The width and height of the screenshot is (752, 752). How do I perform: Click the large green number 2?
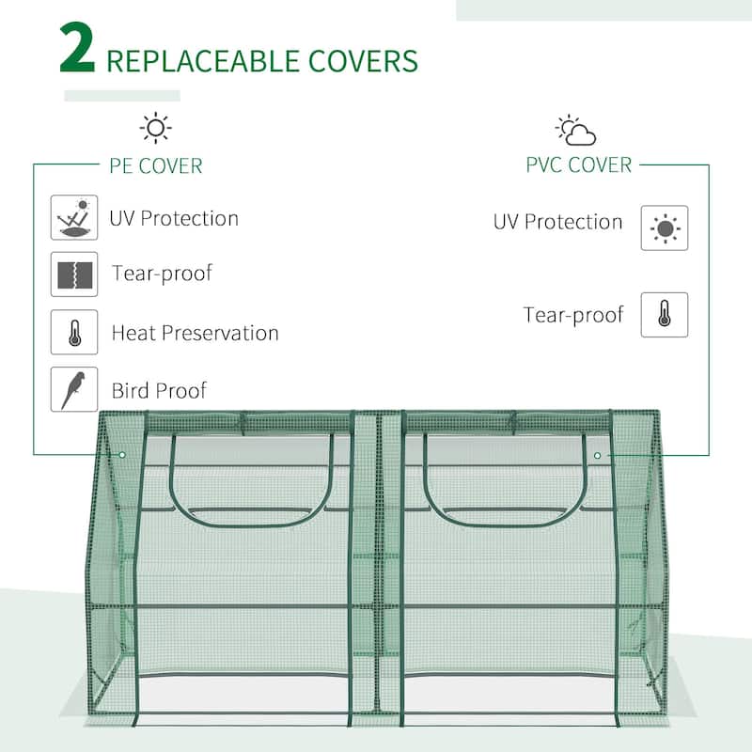click(x=77, y=52)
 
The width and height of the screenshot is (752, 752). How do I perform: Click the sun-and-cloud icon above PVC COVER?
click(x=575, y=130)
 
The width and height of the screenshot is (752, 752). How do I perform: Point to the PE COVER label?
click(x=156, y=166)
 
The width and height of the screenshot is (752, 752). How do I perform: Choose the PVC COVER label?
click(x=578, y=164)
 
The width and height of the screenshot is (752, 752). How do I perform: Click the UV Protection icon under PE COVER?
click(x=74, y=218)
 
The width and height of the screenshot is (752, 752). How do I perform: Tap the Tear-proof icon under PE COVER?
click(x=74, y=274)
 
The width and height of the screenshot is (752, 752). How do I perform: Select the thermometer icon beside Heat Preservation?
click(x=74, y=332)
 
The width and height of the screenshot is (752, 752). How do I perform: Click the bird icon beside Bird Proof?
click(x=74, y=388)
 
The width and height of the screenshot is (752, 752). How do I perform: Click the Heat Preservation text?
click(x=195, y=333)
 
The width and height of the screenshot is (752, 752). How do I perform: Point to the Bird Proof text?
click(x=158, y=390)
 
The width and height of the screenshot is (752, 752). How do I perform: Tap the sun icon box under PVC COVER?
click(x=665, y=228)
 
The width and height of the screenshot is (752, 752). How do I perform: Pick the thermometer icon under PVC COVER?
click(x=665, y=315)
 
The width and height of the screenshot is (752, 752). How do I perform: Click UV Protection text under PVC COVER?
click(x=558, y=223)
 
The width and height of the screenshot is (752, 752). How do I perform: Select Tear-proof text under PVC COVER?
click(x=573, y=315)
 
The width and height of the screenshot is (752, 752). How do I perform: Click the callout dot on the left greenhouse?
click(x=122, y=455)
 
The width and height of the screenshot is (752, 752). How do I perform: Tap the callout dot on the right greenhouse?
click(x=598, y=456)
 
